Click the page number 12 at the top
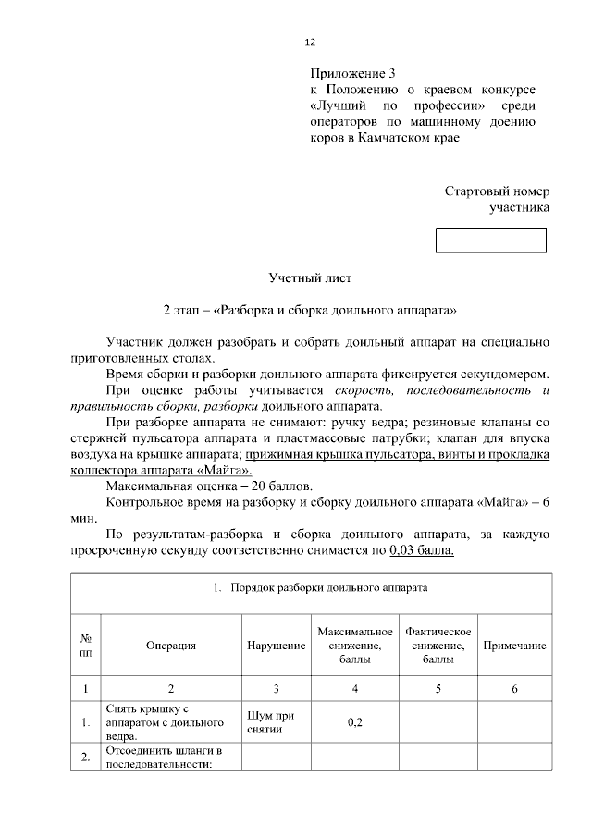point(311,43)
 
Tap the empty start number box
point(491,240)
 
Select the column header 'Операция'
point(171,646)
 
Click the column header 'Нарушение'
point(275,646)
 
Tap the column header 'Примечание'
point(514,646)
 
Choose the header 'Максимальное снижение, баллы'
point(355,646)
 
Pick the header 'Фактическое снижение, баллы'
point(438,646)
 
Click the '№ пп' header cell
point(85,646)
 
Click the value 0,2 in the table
point(355,722)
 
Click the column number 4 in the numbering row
point(355,688)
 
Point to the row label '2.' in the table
point(85,758)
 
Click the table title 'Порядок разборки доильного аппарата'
point(320,588)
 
